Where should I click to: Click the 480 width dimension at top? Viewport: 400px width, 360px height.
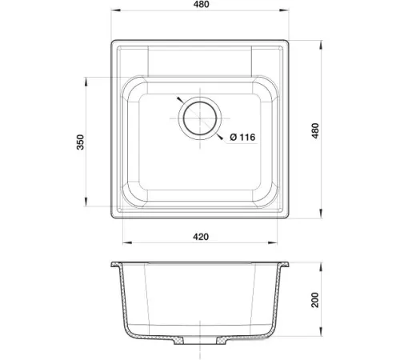[x=202, y=5]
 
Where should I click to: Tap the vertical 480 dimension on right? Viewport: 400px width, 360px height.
[x=315, y=130]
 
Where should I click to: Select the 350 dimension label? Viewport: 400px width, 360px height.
[x=80, y=142]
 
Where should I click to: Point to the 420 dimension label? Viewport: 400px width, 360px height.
[x=201, y=237]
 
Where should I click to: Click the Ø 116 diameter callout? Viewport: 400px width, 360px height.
[x=242, y=137]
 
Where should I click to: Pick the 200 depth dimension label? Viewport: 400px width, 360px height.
[x=315, y=300]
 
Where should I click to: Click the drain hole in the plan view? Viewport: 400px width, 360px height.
[x=200, y=118]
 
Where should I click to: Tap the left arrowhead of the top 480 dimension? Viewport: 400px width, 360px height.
[x=116, y=10]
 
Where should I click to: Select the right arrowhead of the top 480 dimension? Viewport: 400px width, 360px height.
[x=284, y=10]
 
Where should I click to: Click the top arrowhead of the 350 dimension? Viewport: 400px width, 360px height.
[x=86, y=82]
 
